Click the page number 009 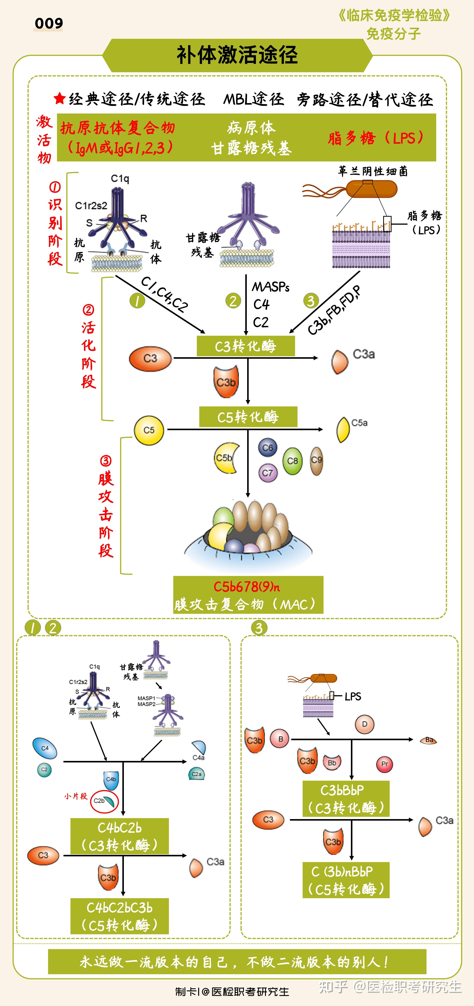point(49,23)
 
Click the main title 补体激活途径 point(237,55)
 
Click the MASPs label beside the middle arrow point(270,287)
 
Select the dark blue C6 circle point(268,448)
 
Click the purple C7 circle point(268,473)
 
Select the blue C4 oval point(45,748)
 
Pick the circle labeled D point(364,724)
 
